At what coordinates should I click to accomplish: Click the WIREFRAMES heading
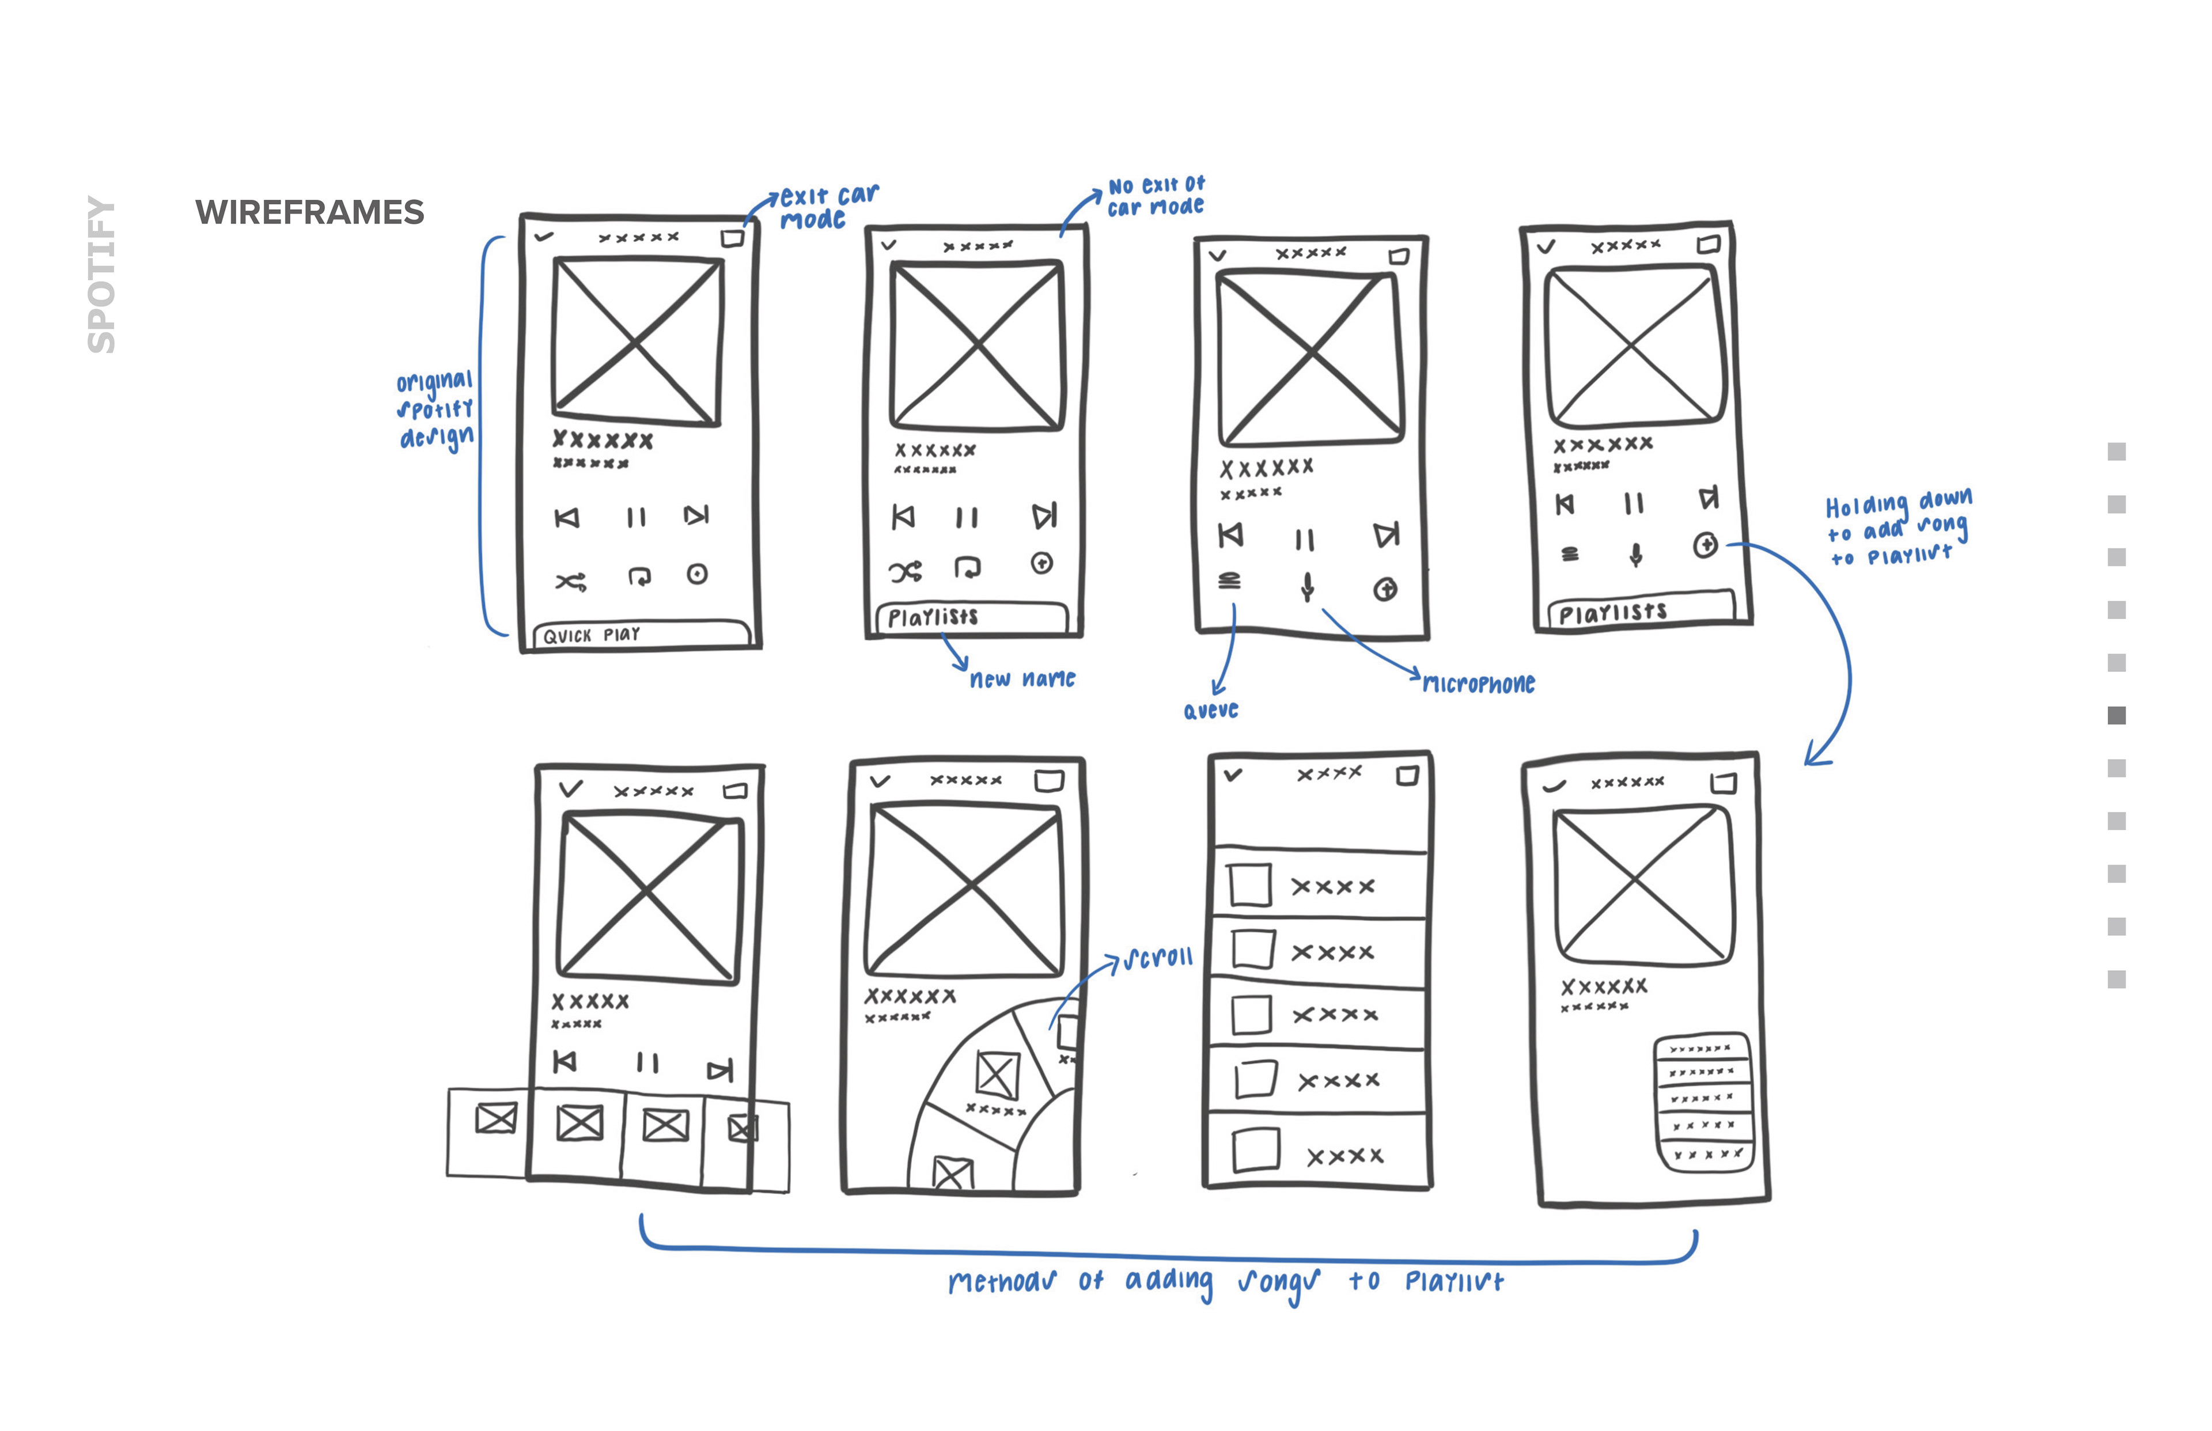coord(309,213)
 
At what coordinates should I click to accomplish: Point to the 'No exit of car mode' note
coord(1156,196)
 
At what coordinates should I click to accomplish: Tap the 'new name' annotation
coord(1021,680)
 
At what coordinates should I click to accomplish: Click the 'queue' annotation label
coord(1210,711)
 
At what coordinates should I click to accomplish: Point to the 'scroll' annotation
coord(1157,958)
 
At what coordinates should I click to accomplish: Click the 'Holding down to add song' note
coord(1897,529)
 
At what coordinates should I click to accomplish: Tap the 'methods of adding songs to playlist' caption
coord(1225,1282)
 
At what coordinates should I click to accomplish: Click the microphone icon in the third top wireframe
coord(1307,586)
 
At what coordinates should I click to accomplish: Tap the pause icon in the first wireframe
coord(636,518)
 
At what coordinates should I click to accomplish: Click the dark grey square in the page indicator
coord(2116,715)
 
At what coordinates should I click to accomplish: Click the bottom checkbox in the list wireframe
coord(1256,1149)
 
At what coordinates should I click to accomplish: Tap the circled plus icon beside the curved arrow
coord(1705,545)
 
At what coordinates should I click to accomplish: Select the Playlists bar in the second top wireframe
coord(971,617)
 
